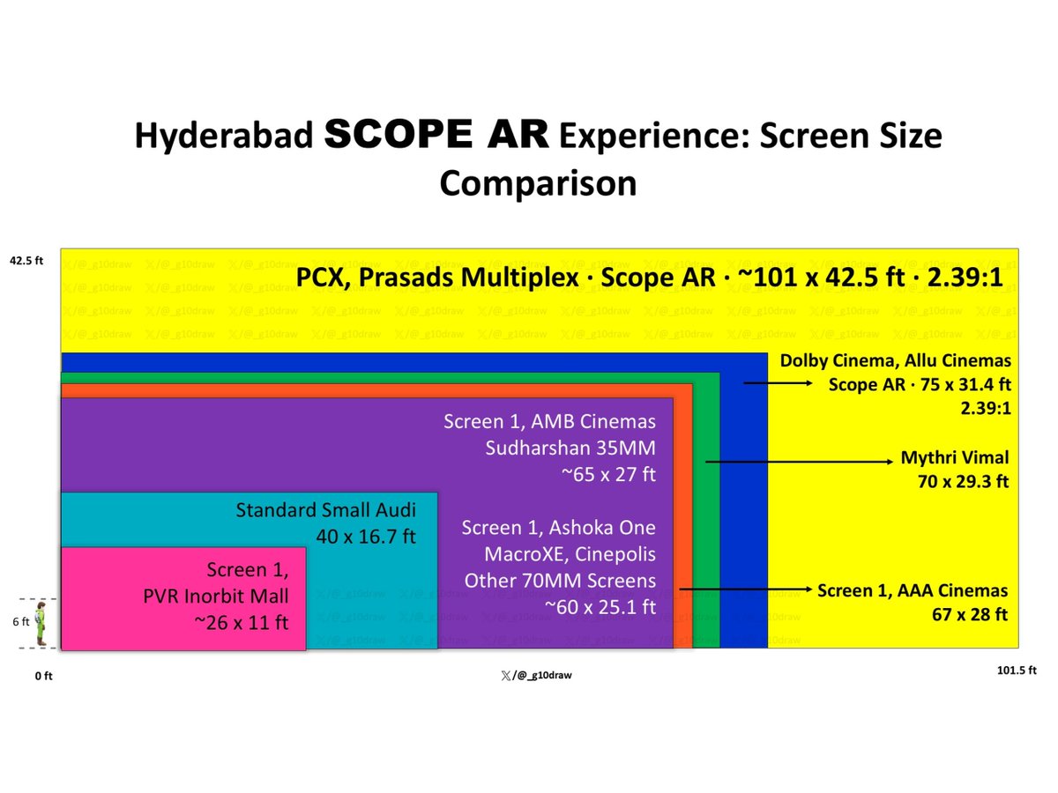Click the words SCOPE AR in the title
coord(436,137)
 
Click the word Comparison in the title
coord(538,182)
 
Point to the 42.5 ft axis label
coord(26,261)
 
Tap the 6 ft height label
coord(19,622)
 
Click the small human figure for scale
coord(41,624)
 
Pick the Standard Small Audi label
coord(325,511)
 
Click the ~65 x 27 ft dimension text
coord(608,474)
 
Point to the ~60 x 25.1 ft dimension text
coord(600,607)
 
